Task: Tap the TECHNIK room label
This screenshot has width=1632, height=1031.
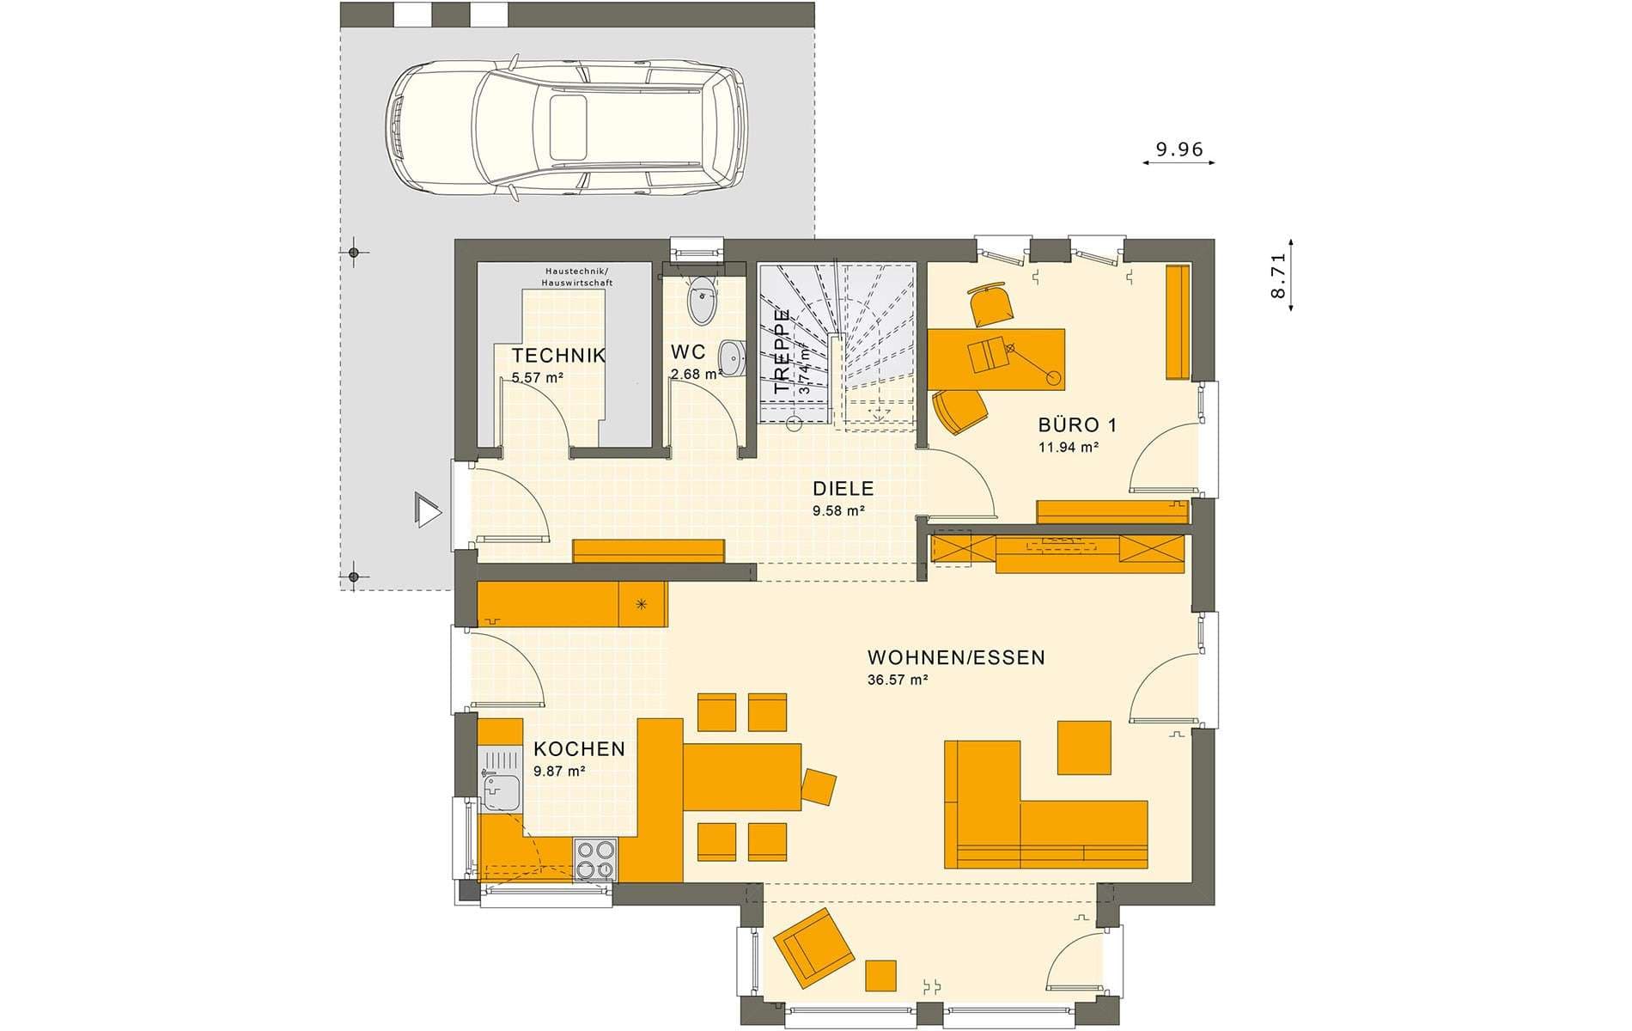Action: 559,356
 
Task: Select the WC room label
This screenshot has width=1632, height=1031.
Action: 688,352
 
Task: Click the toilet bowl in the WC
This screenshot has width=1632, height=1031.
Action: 703,299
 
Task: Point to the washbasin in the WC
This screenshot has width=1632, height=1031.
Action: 732,357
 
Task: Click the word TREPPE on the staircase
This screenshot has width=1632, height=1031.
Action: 782,351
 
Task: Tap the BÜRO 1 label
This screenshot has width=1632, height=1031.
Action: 1077,424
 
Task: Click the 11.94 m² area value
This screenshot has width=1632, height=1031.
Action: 1069,447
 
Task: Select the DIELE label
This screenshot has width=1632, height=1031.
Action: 843,489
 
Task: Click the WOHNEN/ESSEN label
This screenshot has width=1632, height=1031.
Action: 956,658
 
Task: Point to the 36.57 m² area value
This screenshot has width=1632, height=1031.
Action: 898,680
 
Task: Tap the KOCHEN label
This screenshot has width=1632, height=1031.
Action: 580,749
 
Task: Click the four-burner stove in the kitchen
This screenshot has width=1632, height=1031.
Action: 595,859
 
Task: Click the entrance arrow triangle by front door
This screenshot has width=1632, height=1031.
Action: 427,509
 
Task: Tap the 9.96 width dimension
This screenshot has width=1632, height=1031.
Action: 1179,150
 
